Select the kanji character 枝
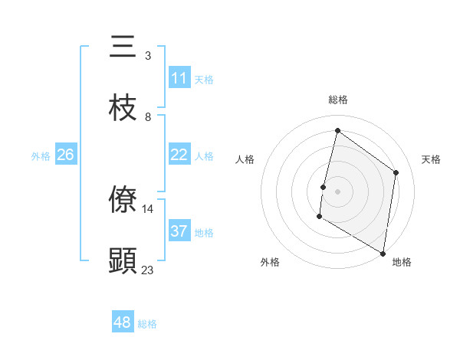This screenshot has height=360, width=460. point(123,108)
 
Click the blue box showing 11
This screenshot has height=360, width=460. point(179,78)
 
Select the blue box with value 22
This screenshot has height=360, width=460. point(179,155)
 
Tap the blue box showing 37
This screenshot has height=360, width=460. point(179,231)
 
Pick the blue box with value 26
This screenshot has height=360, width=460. point(65,155)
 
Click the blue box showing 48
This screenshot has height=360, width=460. point(123,322)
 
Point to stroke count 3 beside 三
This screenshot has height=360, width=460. point(148,56)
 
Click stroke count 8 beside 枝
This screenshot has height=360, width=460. point(148,117)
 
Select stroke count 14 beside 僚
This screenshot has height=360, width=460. point(148,208)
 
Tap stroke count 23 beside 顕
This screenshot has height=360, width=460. point(148,270)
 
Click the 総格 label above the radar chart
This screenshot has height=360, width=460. point(338,100)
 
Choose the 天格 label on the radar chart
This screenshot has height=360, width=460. point(431,159)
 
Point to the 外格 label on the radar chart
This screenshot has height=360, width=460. point(270,262)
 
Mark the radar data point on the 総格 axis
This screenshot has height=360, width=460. point(337,130)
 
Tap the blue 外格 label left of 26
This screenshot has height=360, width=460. point(41,156)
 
